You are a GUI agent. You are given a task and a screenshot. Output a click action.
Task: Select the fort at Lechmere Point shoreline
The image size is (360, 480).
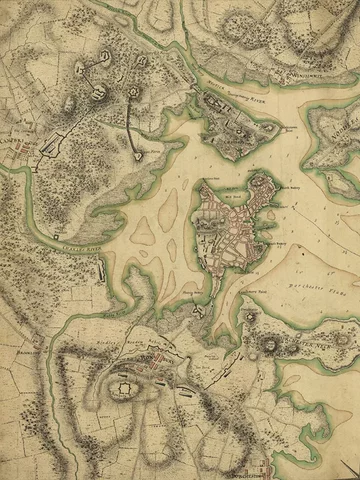(137, 155)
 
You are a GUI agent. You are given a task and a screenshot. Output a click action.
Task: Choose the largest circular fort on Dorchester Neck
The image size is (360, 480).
(270, 346)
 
